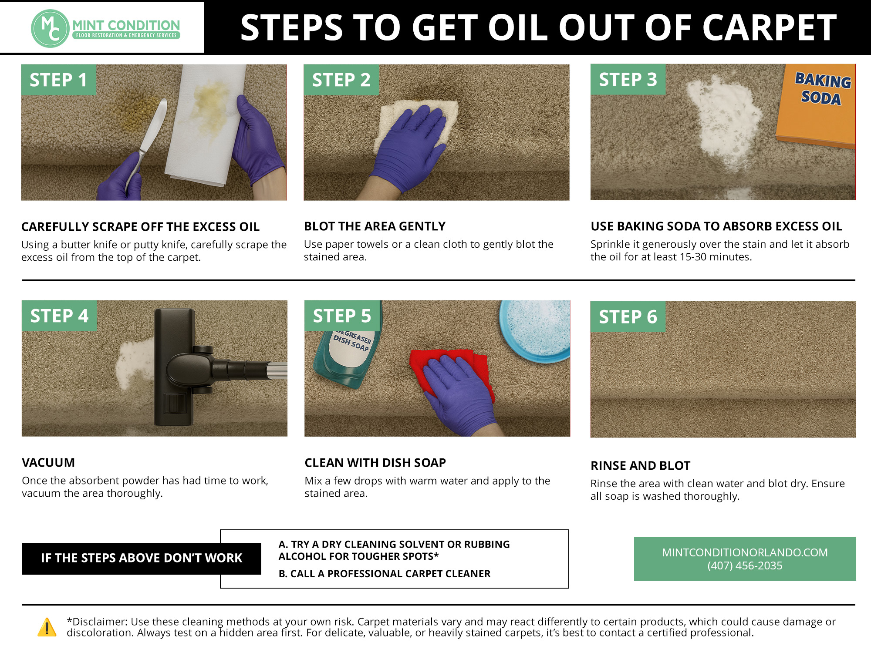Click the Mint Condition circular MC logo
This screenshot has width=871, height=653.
click(50, 29)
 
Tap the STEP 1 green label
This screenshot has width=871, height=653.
click(58, 80)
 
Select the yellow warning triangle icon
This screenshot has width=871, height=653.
click(47, 627)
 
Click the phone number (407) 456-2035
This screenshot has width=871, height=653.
click(745, 565)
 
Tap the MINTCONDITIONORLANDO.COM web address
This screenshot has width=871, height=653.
click(745, 552)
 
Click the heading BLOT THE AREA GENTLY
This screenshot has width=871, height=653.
click(375, 226)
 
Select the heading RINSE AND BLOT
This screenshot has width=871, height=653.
click(640, 465)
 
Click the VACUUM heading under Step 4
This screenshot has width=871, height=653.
click(48, 462)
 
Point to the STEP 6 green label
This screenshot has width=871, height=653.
click(628, 317)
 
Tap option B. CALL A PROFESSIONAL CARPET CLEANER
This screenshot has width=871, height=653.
click(385, 574)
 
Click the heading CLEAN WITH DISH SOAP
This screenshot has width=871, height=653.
click(375, 463)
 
